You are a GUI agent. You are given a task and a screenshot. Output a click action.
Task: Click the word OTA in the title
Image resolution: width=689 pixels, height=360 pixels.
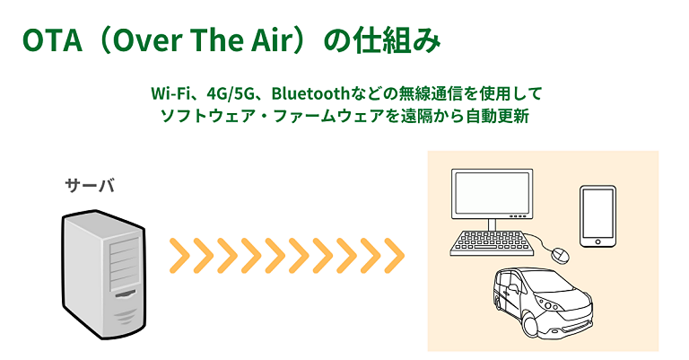52,40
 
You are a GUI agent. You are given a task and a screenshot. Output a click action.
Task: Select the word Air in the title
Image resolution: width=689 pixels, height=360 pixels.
273,40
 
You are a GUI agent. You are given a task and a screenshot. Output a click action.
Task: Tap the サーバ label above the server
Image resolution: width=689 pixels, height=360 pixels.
90,185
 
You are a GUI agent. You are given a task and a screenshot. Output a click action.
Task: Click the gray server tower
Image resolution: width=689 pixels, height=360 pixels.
104,275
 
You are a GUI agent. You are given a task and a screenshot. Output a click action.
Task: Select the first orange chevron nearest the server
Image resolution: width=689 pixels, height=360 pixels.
179,256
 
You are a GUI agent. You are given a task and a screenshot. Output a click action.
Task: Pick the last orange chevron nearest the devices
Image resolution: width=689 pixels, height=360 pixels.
394,256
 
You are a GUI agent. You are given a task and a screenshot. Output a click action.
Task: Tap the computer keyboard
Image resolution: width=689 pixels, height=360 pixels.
492,243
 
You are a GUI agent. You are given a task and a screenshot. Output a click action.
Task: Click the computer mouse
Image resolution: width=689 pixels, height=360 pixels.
561,254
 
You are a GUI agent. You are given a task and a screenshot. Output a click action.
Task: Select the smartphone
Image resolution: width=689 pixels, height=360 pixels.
597,216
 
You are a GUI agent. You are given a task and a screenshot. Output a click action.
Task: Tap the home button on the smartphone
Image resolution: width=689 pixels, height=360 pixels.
597,241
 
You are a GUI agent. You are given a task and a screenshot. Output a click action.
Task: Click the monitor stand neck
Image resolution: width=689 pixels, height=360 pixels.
492,224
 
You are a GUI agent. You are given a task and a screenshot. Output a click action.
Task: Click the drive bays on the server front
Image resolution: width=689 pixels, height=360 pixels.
125,265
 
